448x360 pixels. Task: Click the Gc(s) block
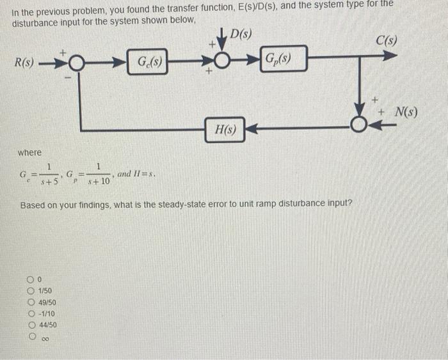[147, 63]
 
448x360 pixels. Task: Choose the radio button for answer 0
[30, 279]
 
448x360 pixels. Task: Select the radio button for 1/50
[30, 291]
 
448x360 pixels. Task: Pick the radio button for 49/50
[30, 302]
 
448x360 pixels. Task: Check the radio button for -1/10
[30, 313]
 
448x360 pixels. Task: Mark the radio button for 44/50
[30, 324]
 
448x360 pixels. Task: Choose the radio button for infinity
[30, 336]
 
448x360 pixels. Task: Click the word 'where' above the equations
[29, 153]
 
